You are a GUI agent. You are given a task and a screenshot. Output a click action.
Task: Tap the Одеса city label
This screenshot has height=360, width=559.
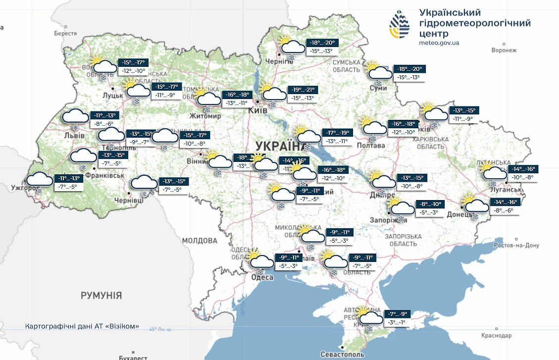pyautogui.click(x=262, y=278)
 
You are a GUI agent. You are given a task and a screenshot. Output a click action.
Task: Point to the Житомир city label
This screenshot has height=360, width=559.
pyautogui.click(x=204, y=116)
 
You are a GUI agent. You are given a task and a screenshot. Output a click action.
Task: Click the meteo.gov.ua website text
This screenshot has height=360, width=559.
pyautogui.click(x=439, y=43)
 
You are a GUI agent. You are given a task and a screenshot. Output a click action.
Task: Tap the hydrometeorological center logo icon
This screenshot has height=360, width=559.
pyautogui.click(x=400, y=24)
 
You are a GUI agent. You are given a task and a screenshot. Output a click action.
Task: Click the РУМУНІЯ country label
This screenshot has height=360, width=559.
pyautogui.click(x=101, y=296)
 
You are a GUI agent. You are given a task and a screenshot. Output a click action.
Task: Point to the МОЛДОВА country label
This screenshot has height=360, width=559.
pyautogui.click(x=199, y=241)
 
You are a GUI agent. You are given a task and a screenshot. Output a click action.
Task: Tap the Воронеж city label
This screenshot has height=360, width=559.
pyautogui.click(x=504, y=51)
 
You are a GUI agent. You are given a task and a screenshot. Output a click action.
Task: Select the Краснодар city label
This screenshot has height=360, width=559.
pyautogui.click(x=496, y=336)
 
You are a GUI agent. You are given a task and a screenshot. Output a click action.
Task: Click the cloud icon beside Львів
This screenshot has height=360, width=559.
pyautogui.click(x=75, y=117)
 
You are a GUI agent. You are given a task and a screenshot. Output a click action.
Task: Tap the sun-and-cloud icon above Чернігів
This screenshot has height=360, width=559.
pyautogui.click(x=291, y=46)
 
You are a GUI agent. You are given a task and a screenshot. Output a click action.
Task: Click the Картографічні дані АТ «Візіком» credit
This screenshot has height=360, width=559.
pyautogui.click(x=82, y=327)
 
